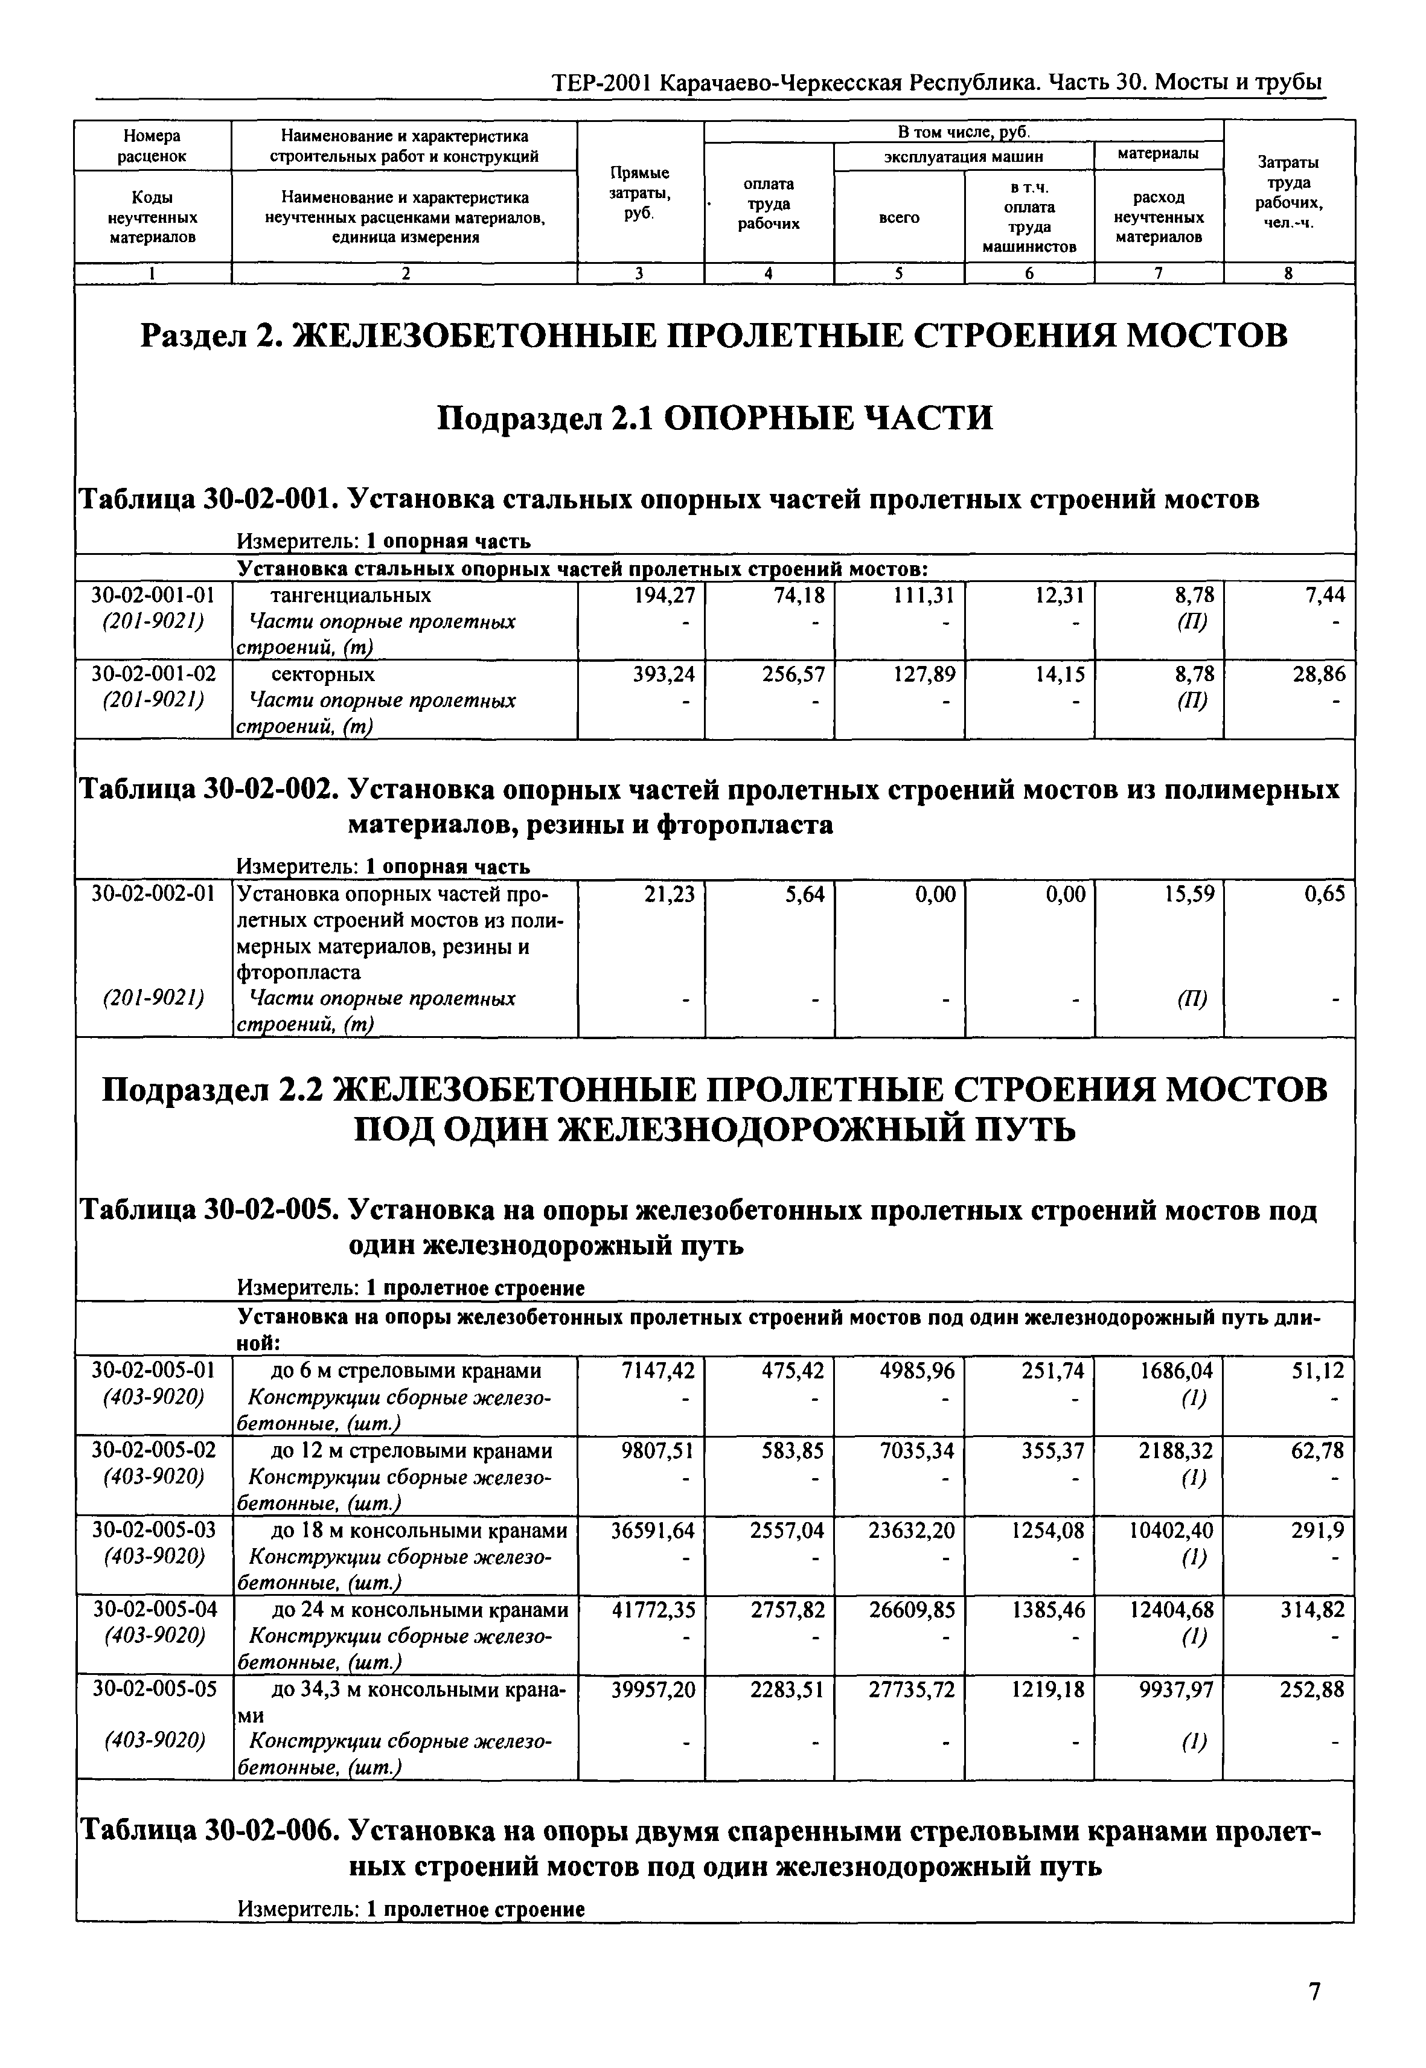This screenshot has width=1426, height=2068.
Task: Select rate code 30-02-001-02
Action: [x=154, y=674]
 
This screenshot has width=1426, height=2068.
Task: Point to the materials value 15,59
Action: [x=1188, y=895]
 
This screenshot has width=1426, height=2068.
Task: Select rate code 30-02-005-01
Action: [x=154, y=1371]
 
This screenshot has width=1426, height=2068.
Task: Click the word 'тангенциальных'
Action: [x=350, y=595]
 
